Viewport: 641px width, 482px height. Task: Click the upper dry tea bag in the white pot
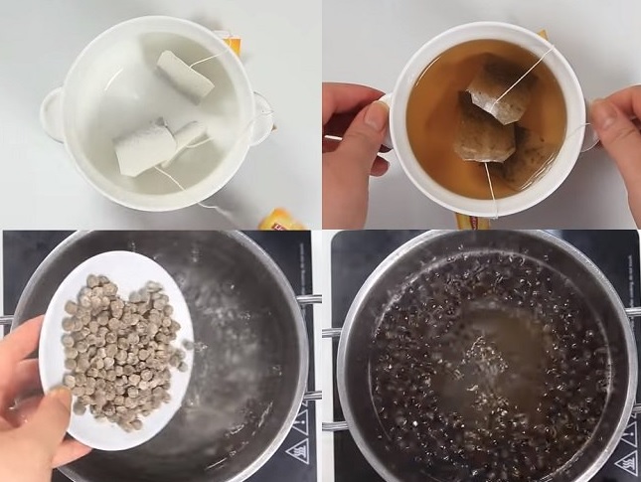pos(185,75)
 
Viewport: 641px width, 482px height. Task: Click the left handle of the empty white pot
pos(51,112)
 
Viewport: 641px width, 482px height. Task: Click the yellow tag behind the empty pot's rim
pos(232,45)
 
